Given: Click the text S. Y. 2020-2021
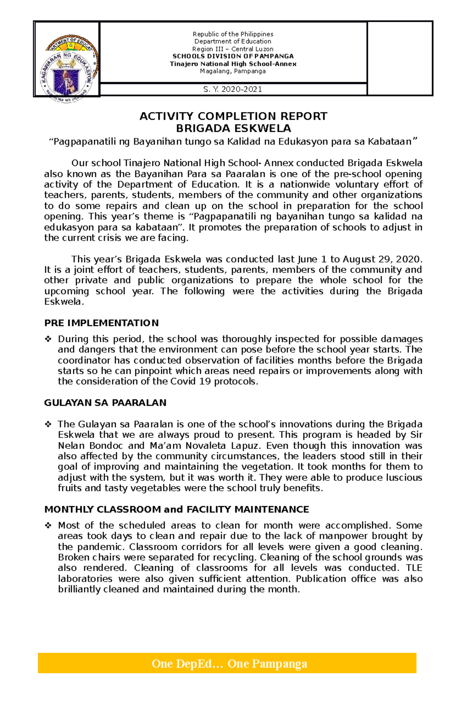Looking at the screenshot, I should click(233, 89).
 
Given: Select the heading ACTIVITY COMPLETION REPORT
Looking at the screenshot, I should click(233, 116).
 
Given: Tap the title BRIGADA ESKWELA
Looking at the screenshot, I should click(233, 128).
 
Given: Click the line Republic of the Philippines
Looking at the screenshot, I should click(233, 34).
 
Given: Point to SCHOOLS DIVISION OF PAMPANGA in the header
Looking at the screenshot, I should click(233, 56).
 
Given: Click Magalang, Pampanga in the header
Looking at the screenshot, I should click(233, 71).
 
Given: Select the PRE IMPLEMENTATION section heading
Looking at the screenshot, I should click(101, 323).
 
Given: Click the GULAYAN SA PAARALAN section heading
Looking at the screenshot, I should click(105, 403).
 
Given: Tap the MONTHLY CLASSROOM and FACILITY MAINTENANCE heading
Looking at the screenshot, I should click(176, 509).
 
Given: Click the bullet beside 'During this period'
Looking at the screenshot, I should click(48, 339).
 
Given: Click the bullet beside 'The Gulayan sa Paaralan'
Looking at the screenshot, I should click(48, 424).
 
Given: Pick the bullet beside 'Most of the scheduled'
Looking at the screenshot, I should click(48, 525).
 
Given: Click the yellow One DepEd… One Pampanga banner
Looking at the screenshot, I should click(227, 663).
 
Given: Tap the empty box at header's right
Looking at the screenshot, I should click(400, 58).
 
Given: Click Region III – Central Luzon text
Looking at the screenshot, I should click(233, 49).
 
